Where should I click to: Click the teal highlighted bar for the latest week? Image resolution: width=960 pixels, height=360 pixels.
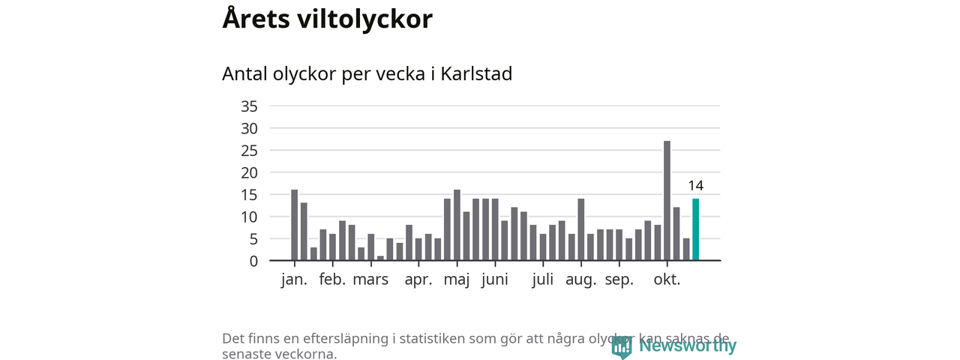click(695, 229)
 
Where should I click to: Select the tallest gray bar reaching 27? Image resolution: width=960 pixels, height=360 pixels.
click(667, 200)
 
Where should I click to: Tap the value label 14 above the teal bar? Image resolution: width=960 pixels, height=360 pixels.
click(695, 186)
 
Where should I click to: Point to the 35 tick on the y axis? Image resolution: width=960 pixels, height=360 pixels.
click(249, 106)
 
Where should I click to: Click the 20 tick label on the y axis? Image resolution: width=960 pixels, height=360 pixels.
click(249, 172)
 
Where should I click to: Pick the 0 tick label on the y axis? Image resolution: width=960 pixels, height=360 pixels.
click(253, 261)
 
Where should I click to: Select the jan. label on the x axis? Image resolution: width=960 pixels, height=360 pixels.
click(294, 280)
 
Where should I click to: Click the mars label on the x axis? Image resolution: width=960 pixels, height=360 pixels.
click(370, 280)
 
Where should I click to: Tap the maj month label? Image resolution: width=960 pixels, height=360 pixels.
click(457, 280)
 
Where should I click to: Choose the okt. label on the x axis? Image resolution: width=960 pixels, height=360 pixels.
click(667, 280)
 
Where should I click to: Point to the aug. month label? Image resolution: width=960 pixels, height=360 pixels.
click(580, 280)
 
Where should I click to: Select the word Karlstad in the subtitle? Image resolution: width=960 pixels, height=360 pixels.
click(476, 74)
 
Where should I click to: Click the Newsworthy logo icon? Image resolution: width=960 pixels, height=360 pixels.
click(622, 346)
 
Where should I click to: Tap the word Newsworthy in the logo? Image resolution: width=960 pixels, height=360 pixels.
click(688, 346)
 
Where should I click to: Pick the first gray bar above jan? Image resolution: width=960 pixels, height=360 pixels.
click(295, 225)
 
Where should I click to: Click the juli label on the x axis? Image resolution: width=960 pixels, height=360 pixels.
click(543, 280)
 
